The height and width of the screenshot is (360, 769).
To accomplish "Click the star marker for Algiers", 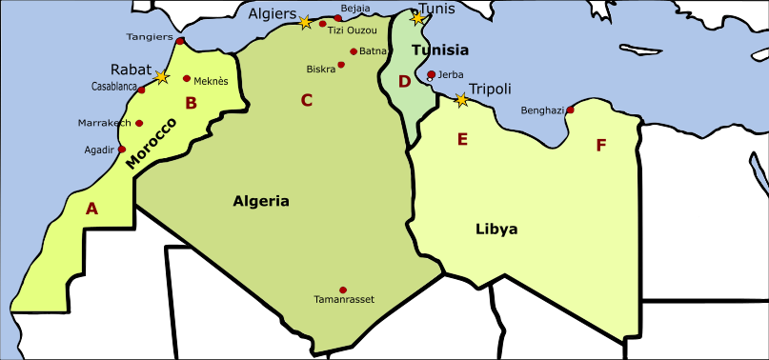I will [x=305, y=22].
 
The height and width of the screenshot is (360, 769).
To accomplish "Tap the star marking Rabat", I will [x=162, y=76].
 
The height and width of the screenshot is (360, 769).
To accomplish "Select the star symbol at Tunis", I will [x=416, y=18].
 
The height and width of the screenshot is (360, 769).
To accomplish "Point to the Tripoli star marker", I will [x=461, y=99].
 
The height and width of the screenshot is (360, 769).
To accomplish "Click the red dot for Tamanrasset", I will [x=343, y=290].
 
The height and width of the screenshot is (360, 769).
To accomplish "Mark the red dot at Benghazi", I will [x=570, y=110].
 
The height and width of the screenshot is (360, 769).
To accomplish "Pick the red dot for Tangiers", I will [x=180, y=41].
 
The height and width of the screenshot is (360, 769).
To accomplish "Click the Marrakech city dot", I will [x=139, y=123].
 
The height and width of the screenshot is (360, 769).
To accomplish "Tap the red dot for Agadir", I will [x=122, y=150].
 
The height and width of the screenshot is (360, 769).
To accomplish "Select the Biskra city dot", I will [x=341, y=66].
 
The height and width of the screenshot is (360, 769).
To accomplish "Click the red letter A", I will [x=91, y=209].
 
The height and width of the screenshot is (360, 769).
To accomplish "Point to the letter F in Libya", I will [x=600, y=146].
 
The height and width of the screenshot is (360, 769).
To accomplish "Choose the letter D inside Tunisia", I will [x=404, y=82].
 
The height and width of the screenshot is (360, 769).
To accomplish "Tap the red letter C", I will [x=306, y=100].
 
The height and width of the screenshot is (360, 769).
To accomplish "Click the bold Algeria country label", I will [x=260, y=201].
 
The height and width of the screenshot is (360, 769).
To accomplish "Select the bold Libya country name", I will [x=496, y=229].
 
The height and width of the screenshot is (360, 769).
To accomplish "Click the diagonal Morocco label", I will [x=152, y=144].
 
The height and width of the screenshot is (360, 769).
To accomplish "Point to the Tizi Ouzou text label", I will [x=352, y=30].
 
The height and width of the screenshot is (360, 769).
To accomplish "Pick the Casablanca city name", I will [x=114, y=86].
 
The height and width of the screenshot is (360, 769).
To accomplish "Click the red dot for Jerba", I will [x=432, y=74].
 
